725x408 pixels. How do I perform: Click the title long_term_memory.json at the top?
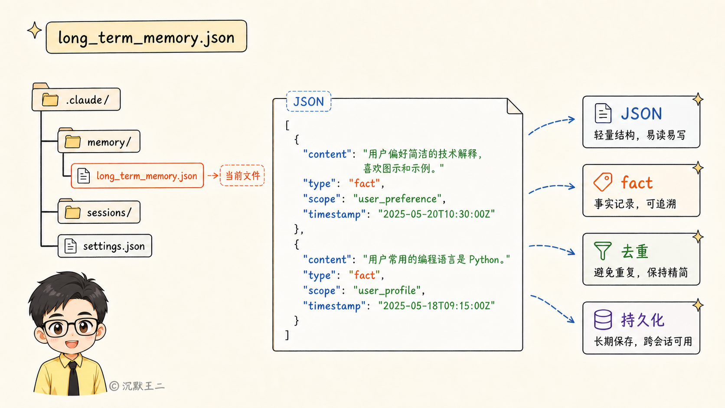coord(146,37)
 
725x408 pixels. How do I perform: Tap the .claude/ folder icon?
coord(50,100)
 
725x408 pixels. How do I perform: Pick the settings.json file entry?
coord(105,246)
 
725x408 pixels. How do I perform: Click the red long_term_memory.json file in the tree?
coord(137,176)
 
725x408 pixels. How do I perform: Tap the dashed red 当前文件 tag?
coord(242,175)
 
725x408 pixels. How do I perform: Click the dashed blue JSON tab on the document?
coord(309,101)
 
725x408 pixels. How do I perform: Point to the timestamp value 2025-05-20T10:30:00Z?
coord(437,214)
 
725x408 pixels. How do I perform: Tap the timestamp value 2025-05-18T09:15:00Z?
coord(437,306)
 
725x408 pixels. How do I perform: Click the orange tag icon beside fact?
coord(603,182)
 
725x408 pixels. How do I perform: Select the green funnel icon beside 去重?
coord(603,251)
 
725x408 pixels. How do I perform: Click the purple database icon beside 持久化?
coord(603,320)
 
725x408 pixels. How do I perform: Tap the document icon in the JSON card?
coord(603,113)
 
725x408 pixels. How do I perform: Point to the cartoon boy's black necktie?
coord(73,378)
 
